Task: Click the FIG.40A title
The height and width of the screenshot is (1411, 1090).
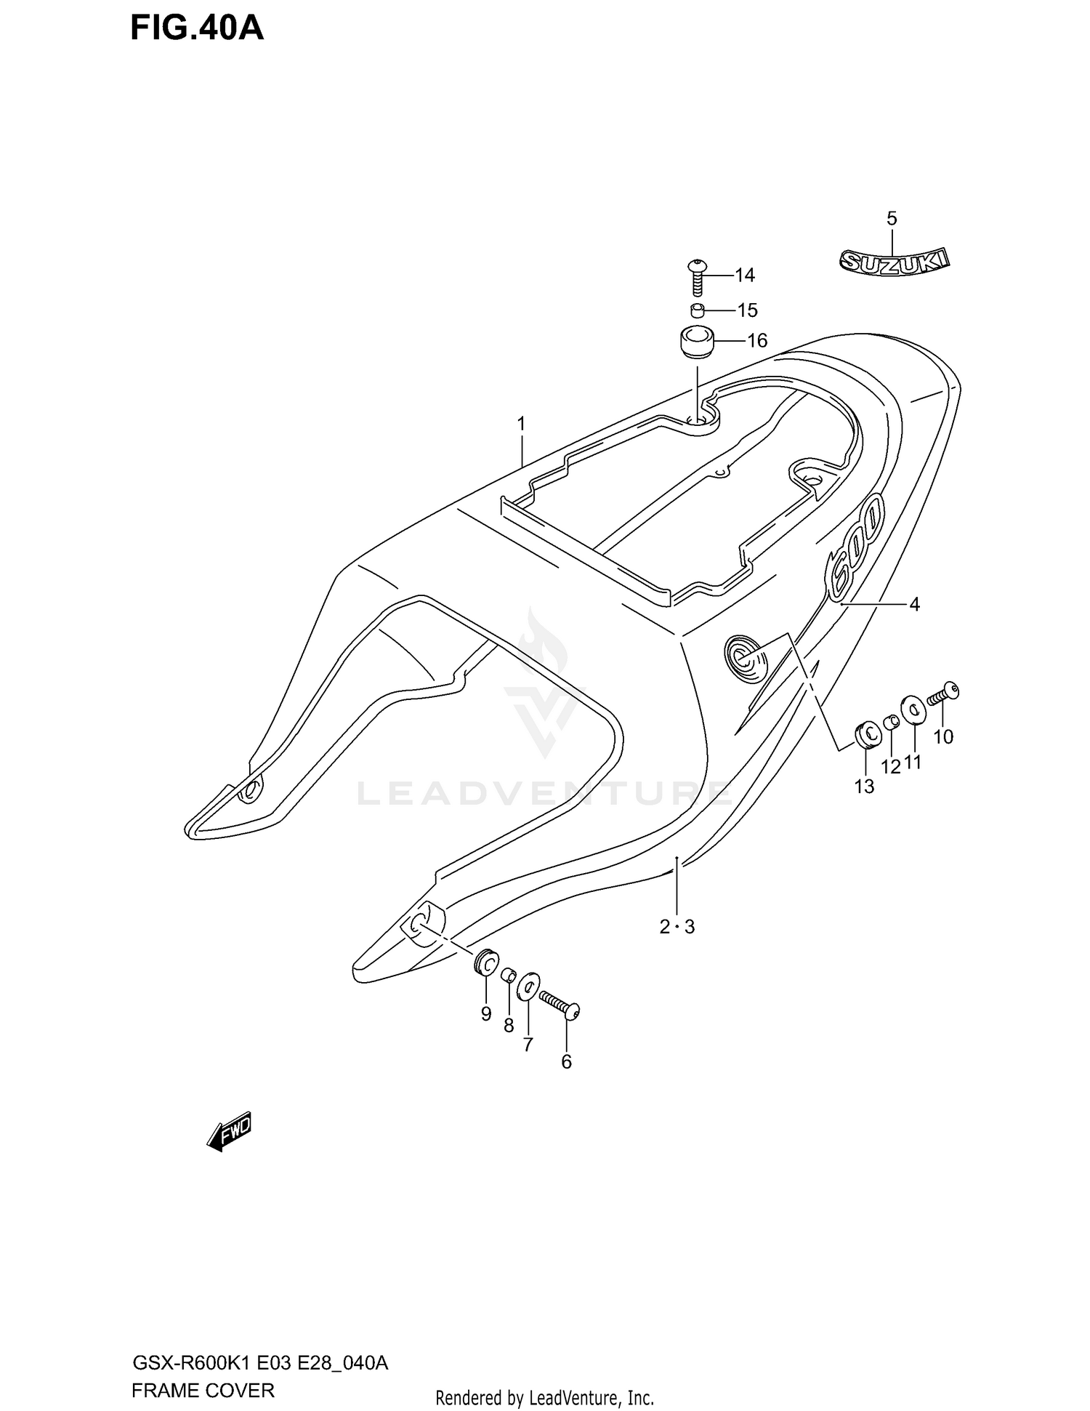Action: [196, 28]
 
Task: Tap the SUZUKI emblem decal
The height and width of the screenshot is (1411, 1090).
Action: [894, 262]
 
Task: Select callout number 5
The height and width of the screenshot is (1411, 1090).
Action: [892, 219]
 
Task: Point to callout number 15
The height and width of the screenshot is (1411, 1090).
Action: [747, 310]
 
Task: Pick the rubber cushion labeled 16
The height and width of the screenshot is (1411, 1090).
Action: [697, 341]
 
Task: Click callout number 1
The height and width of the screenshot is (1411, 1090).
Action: [521, 423]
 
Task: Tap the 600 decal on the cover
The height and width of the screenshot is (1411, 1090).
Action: [855, 542]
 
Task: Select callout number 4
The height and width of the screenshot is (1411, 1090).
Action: [914, 604]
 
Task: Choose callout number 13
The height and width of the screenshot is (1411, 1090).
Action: [864, 787]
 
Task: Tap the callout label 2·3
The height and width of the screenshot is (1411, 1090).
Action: [677, 927]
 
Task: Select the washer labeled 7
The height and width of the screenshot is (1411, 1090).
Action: [528, 986]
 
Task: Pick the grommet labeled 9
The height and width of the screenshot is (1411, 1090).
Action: [485, 962]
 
